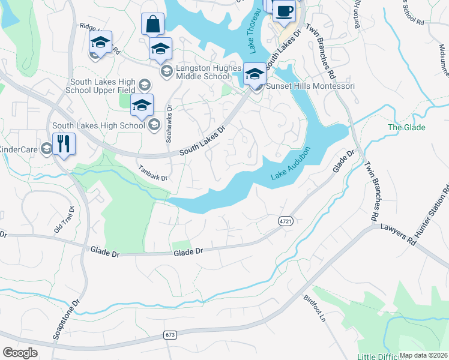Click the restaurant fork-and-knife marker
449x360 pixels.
pyautogui.click(x=64, y=144)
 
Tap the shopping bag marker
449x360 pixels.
pyautogui.click(x=153, y=25)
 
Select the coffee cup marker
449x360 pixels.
pyautogui.click(x=284, y=11)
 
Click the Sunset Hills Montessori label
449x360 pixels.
pyautogui.click(x=310, y=86)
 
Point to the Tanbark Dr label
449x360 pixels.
pyautogui.click(x=152, y=173)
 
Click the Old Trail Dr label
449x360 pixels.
pyautogui.click(x=64, y=220)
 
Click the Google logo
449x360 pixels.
pyautogui.click(x=20, y=352)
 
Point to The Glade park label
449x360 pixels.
pyautogui.click(x=406, y=127)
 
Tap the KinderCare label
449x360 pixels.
pyautogui.click(x=18, y=149)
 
